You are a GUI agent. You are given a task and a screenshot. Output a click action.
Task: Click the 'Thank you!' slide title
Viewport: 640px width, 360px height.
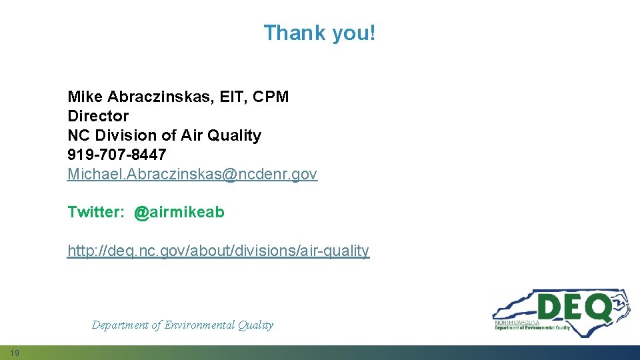[319, 33]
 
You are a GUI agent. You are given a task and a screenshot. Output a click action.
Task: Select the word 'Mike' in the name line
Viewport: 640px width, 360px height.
[83, 97]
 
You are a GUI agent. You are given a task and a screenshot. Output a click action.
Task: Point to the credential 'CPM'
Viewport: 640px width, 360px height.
[273, 97]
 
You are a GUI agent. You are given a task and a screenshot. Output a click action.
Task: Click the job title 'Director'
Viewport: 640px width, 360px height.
[98, 116]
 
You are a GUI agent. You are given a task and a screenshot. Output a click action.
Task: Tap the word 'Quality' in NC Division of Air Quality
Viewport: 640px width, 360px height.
[234, 135]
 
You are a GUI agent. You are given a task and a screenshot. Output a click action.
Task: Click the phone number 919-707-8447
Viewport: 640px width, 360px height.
[117, 155]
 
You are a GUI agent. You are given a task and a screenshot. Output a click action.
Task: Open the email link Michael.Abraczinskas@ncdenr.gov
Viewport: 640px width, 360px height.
[192, 174]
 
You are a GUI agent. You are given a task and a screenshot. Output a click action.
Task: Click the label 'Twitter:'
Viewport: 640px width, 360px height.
[96, 213]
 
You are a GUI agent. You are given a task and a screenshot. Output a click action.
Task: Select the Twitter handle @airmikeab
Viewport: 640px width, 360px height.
[179, 213]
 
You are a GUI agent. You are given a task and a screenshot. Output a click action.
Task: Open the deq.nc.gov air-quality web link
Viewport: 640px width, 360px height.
[218, 251]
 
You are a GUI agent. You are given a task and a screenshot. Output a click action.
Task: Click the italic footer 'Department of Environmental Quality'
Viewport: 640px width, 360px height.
[182, 325]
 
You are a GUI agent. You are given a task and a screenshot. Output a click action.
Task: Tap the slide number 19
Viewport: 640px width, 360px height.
[15, 353]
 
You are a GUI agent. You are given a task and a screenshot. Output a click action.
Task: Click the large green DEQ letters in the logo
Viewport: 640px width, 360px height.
[574, 307]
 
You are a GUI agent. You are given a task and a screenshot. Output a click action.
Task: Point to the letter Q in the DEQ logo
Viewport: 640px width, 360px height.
[599, 308]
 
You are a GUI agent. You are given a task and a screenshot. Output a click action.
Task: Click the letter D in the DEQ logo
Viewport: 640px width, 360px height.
[550, 307]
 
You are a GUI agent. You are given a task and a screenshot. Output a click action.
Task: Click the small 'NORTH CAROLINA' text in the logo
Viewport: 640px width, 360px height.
[517, 322]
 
